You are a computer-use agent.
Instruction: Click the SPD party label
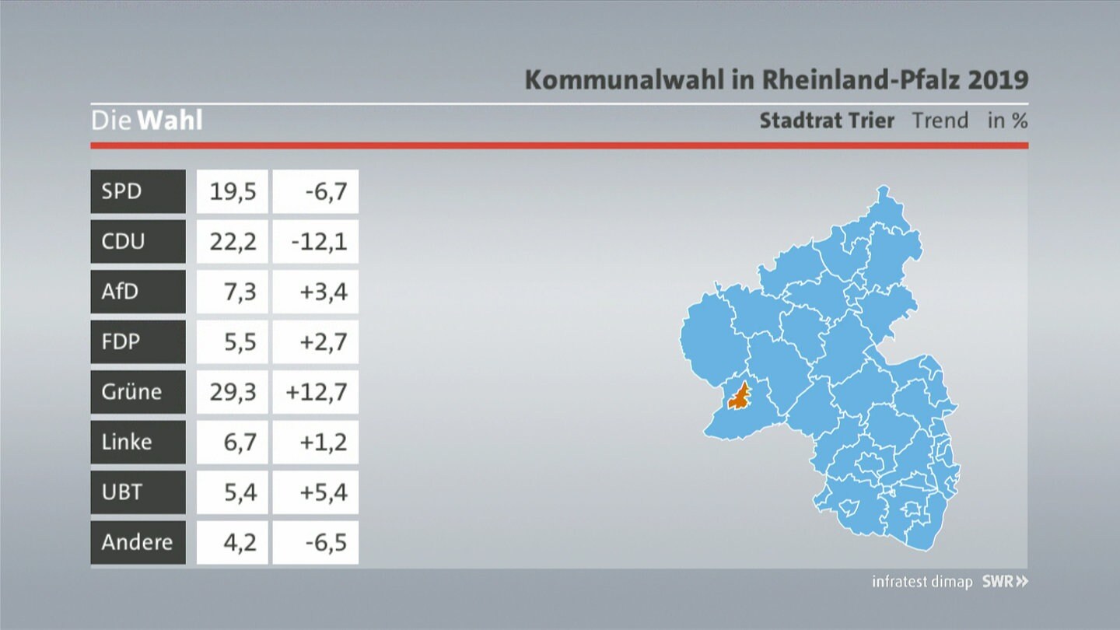(121, 191)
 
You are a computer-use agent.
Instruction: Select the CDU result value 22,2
(233, 242)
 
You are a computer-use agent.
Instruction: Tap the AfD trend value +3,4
(324, 292)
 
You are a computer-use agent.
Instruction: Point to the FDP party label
(121, 342)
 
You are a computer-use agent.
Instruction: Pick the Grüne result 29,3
(233, 392)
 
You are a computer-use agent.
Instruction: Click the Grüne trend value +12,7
(317, 392)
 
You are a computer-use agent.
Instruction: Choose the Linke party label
(127, 442)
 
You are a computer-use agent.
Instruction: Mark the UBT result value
(240, 492)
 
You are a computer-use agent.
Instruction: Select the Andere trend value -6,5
(327, 543)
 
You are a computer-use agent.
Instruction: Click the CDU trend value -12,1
(319, 242)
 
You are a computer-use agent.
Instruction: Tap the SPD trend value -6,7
(327, 191)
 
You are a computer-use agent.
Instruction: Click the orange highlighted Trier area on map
(740, 398)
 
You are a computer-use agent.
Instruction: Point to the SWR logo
(1005, 582)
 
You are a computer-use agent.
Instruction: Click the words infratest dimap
(922, 582)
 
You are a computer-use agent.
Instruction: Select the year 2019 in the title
(998, 79)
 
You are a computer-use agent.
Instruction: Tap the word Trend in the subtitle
(940, 121)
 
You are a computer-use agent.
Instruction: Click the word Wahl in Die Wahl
(170, 121)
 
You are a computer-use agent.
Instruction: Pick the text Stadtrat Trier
(827, 121)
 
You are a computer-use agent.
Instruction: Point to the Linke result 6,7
(240, 442)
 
